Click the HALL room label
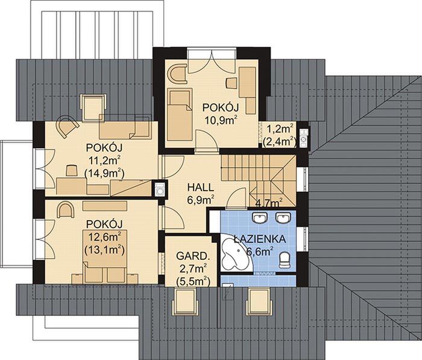tap(200, 188)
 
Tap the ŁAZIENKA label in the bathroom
tap(259, 239)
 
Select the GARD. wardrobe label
tap(193, 256)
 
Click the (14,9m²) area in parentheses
tap(104, 174)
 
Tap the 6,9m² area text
tap(201, 200)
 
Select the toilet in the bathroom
tap(285, 260)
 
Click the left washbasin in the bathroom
tap(260, 217)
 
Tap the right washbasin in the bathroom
tap(283, 217)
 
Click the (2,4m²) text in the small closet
tap(280, 142)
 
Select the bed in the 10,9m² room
tap(180, 115)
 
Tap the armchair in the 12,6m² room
tap(65, 209)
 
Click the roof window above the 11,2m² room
tap(93, 107)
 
